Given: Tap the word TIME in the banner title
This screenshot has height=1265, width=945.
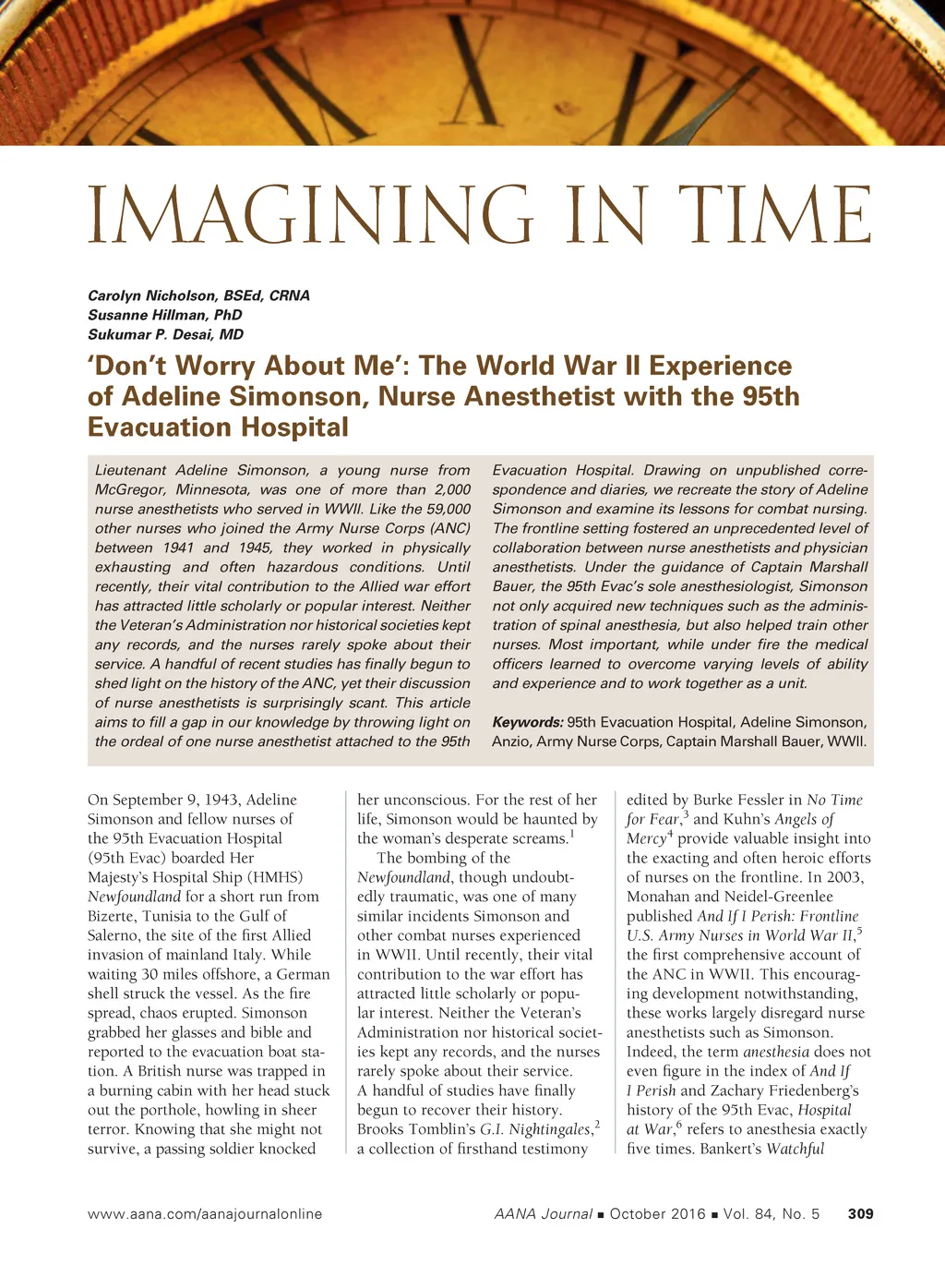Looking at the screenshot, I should click(773, 215).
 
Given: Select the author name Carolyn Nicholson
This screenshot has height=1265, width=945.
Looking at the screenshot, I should click(152, 295).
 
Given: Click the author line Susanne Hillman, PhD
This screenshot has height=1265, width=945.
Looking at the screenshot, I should click(164, 315).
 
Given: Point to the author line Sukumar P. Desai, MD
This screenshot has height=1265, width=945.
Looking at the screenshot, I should click(165, 334).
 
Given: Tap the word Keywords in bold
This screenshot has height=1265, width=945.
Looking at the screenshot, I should click(527, 722).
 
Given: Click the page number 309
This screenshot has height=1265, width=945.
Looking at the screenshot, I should click(860, 1213).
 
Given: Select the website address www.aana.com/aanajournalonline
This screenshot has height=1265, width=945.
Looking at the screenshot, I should click(205, 1213).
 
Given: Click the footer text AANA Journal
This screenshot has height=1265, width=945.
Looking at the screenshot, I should click(543, 1213).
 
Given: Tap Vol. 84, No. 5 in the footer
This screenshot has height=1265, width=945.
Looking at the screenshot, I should click(772, 1213).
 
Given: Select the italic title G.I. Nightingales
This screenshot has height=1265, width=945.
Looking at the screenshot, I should click(535, 1129).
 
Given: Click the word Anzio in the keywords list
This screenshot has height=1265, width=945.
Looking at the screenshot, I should click(511, 741).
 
